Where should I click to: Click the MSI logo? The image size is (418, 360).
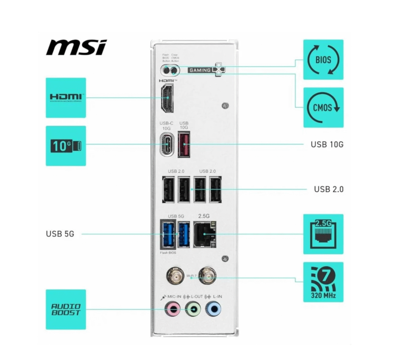coord(76,47)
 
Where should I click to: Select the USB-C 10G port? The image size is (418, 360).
coord(168,144)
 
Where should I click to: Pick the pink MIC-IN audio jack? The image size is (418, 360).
coord(173,309)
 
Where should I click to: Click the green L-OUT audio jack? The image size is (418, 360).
coord(193,309)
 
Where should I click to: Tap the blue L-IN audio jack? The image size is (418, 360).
coord(213,309)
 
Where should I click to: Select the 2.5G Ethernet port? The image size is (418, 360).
coord(204,234)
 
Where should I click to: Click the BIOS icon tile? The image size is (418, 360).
coord(323,60)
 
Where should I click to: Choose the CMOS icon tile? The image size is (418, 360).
coord(323,107)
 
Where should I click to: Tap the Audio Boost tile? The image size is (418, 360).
coord(66,309)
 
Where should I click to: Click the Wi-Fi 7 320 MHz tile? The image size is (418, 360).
coord(323,282)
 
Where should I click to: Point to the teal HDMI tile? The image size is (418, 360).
coord(66,97)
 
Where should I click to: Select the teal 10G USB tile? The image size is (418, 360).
coord(66,146)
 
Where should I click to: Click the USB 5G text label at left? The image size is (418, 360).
coord(60,234)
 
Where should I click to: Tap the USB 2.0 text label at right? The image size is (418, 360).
coord(328,189)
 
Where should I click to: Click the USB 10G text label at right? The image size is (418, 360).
coord(327,144)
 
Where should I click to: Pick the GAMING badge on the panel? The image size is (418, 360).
coord(200,70)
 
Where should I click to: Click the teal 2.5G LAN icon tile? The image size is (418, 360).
coord(323,234)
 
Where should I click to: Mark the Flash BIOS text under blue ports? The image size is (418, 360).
coord(168,253)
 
